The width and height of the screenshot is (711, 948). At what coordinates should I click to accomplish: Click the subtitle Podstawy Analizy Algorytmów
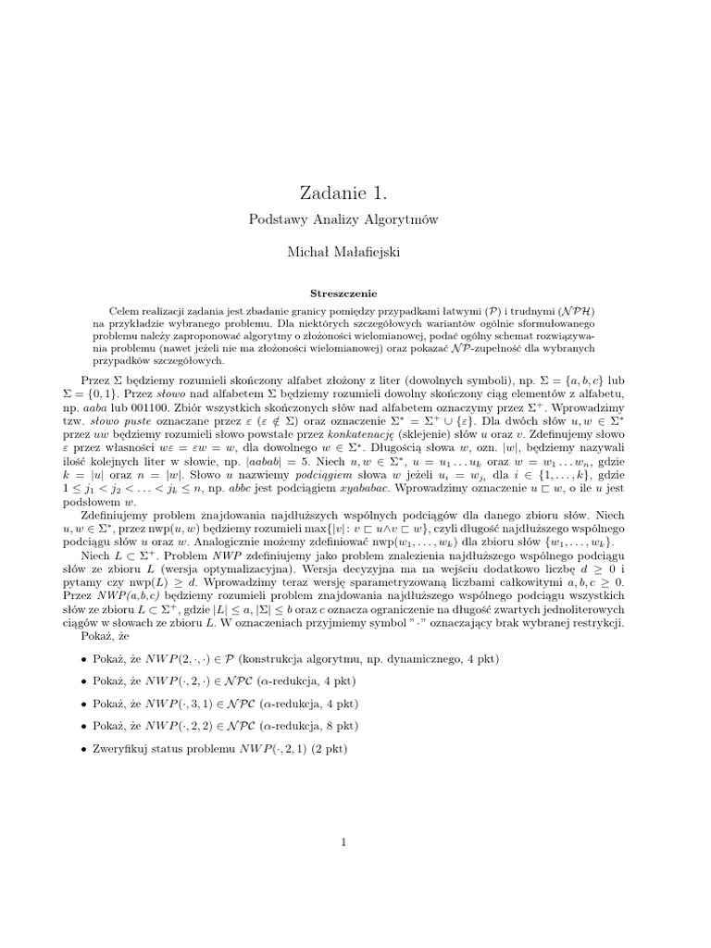[x=343, y=219]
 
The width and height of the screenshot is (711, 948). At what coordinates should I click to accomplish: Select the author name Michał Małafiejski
[x=343, y=252]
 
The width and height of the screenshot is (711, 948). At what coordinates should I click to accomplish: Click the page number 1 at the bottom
[x=343, y=842]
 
